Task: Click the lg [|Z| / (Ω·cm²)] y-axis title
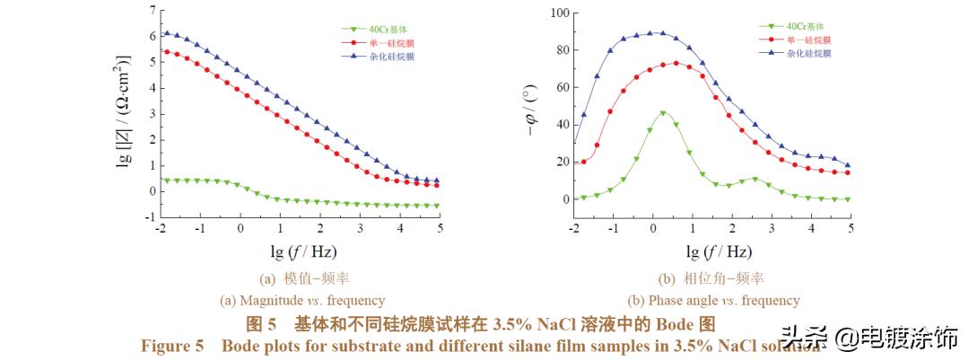tap(125, 111)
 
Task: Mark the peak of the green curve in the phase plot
tap(663, 113)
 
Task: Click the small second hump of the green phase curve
tap(755, 179)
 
